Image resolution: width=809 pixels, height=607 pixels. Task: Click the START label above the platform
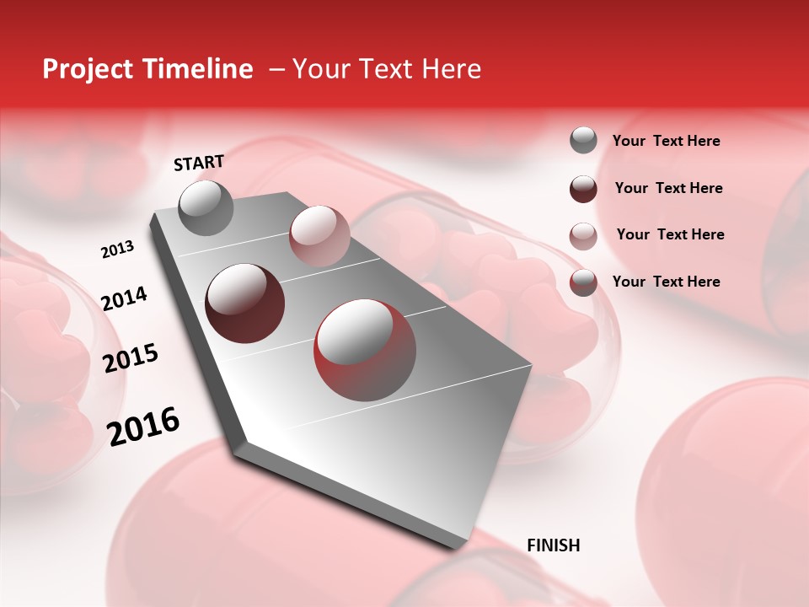199,163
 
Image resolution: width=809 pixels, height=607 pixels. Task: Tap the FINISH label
554,545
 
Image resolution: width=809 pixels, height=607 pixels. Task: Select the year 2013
117,250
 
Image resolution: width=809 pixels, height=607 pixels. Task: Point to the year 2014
124,298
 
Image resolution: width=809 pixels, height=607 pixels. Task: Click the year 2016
143,427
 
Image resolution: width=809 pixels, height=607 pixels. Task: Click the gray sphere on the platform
206,208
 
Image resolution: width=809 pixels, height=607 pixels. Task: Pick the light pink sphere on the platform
319,235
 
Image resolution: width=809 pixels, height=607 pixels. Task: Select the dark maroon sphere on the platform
245,303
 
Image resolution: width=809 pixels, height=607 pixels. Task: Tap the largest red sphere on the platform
365,350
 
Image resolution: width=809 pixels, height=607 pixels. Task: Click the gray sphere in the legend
583,140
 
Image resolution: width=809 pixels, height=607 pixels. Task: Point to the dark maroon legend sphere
583,188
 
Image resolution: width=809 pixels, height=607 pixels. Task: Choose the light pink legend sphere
583,235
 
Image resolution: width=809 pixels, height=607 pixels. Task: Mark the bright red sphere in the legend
583,282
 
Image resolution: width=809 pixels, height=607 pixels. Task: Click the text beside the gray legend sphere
667,142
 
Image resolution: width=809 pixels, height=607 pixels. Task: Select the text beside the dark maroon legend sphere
669,188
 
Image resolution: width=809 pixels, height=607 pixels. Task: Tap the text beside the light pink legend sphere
671,234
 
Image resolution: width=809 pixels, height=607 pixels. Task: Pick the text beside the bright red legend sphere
667,282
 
